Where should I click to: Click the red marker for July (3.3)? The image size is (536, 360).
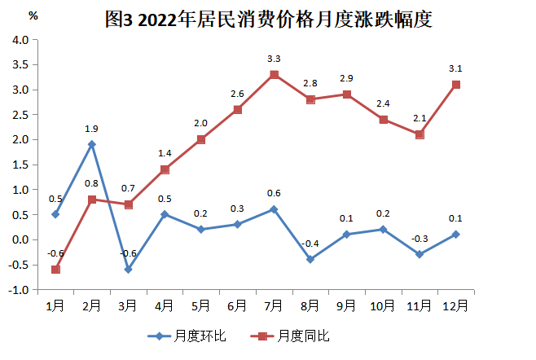click(x=274, y=74)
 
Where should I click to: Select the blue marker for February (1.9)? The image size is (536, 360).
click(x=92, y=144)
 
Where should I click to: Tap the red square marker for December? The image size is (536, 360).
click(x=456, y=85)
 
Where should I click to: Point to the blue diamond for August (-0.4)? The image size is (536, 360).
click(x=310, y=259)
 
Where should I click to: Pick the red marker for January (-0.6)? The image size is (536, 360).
click(x=55, y=269)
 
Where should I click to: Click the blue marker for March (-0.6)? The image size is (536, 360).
click(x=128, y=269)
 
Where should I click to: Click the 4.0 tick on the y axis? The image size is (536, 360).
click(x=20, y=40)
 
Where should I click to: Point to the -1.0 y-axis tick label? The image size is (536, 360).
click(x=20, y=289)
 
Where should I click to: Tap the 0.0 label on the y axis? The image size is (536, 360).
click(x=20, y=239)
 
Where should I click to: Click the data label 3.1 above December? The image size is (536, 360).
click(x=456, y=69)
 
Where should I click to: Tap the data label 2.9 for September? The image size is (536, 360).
click(x=346, y=78)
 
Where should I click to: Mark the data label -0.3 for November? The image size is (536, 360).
click(x=420, y=238)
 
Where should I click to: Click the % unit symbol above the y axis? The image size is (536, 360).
click(x=33, y=16)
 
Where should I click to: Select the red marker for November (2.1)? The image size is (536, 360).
click(x=420, y=134)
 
